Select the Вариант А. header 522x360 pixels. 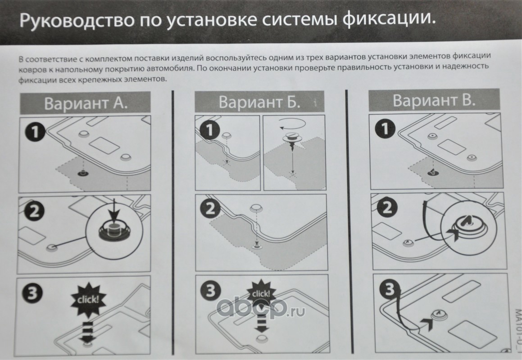(86, 103)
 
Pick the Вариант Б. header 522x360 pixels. (259, 102)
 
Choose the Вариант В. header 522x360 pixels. (434, 100)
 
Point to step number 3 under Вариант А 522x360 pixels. (32, 293)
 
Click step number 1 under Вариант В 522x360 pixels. (385, 129)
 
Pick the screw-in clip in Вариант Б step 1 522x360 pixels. (291, 141)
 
